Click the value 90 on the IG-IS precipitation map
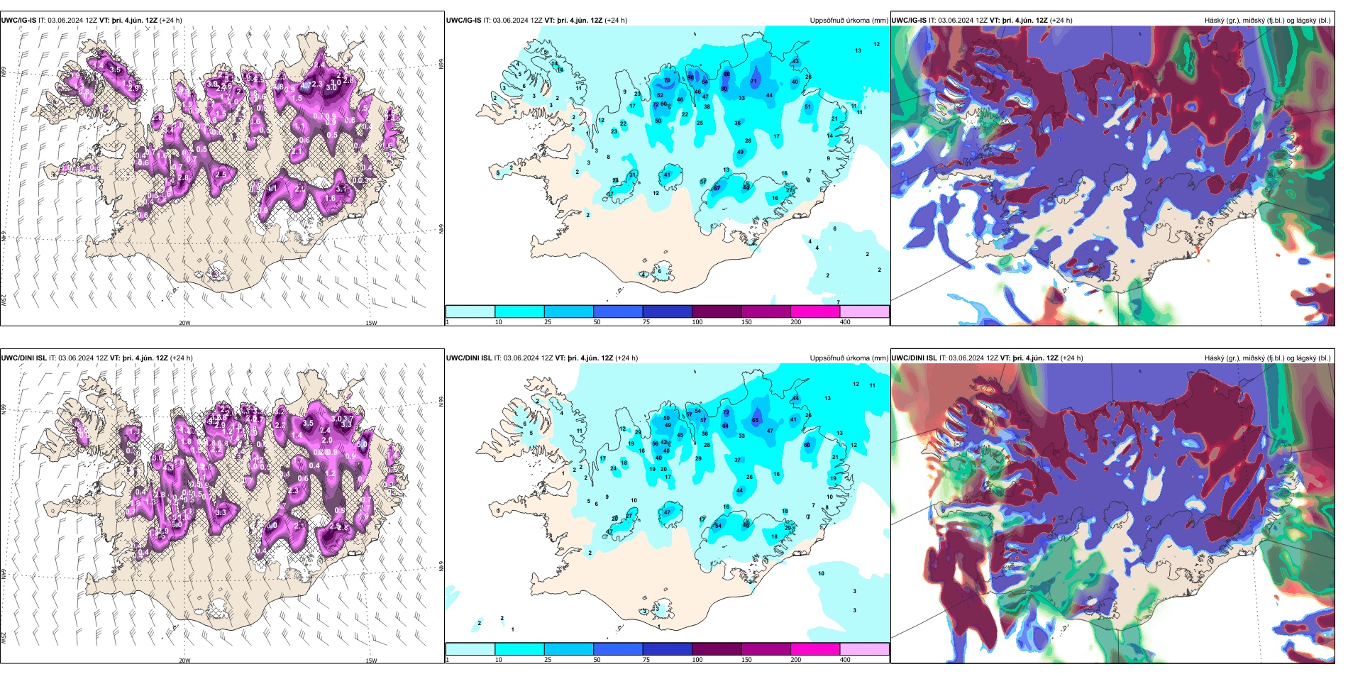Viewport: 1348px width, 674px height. coord(690,77)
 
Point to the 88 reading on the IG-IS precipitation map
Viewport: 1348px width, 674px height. coord(727,74)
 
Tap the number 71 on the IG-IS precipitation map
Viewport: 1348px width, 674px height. coord(754,82)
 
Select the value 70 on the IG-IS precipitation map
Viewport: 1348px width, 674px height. coord(667,81)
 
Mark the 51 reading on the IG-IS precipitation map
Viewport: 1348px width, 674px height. coord(807,107)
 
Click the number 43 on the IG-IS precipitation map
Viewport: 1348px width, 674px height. coord(795,62)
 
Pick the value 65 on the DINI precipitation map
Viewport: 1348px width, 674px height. coord(756,421)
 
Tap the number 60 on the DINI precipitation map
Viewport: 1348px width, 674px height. coord(807,446)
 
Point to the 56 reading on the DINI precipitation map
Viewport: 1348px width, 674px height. coord(656,443)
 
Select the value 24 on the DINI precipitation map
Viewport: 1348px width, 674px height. coord(614,468)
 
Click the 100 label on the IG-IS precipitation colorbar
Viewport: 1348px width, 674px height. coord(697,322)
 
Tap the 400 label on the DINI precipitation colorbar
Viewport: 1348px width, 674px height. coord(845,660)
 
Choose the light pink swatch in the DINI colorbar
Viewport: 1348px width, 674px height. coord(864,649)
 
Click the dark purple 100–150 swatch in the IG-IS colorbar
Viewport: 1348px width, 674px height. coord(717,311)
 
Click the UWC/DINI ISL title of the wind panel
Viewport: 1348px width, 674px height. coord(24,358)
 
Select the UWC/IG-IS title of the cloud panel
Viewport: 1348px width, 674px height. coord(909,21)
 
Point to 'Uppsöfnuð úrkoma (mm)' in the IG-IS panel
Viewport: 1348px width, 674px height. coord(849,21)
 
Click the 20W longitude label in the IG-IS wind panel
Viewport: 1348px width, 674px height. coord(184,323)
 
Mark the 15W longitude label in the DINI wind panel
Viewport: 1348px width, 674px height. coord(371,661)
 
